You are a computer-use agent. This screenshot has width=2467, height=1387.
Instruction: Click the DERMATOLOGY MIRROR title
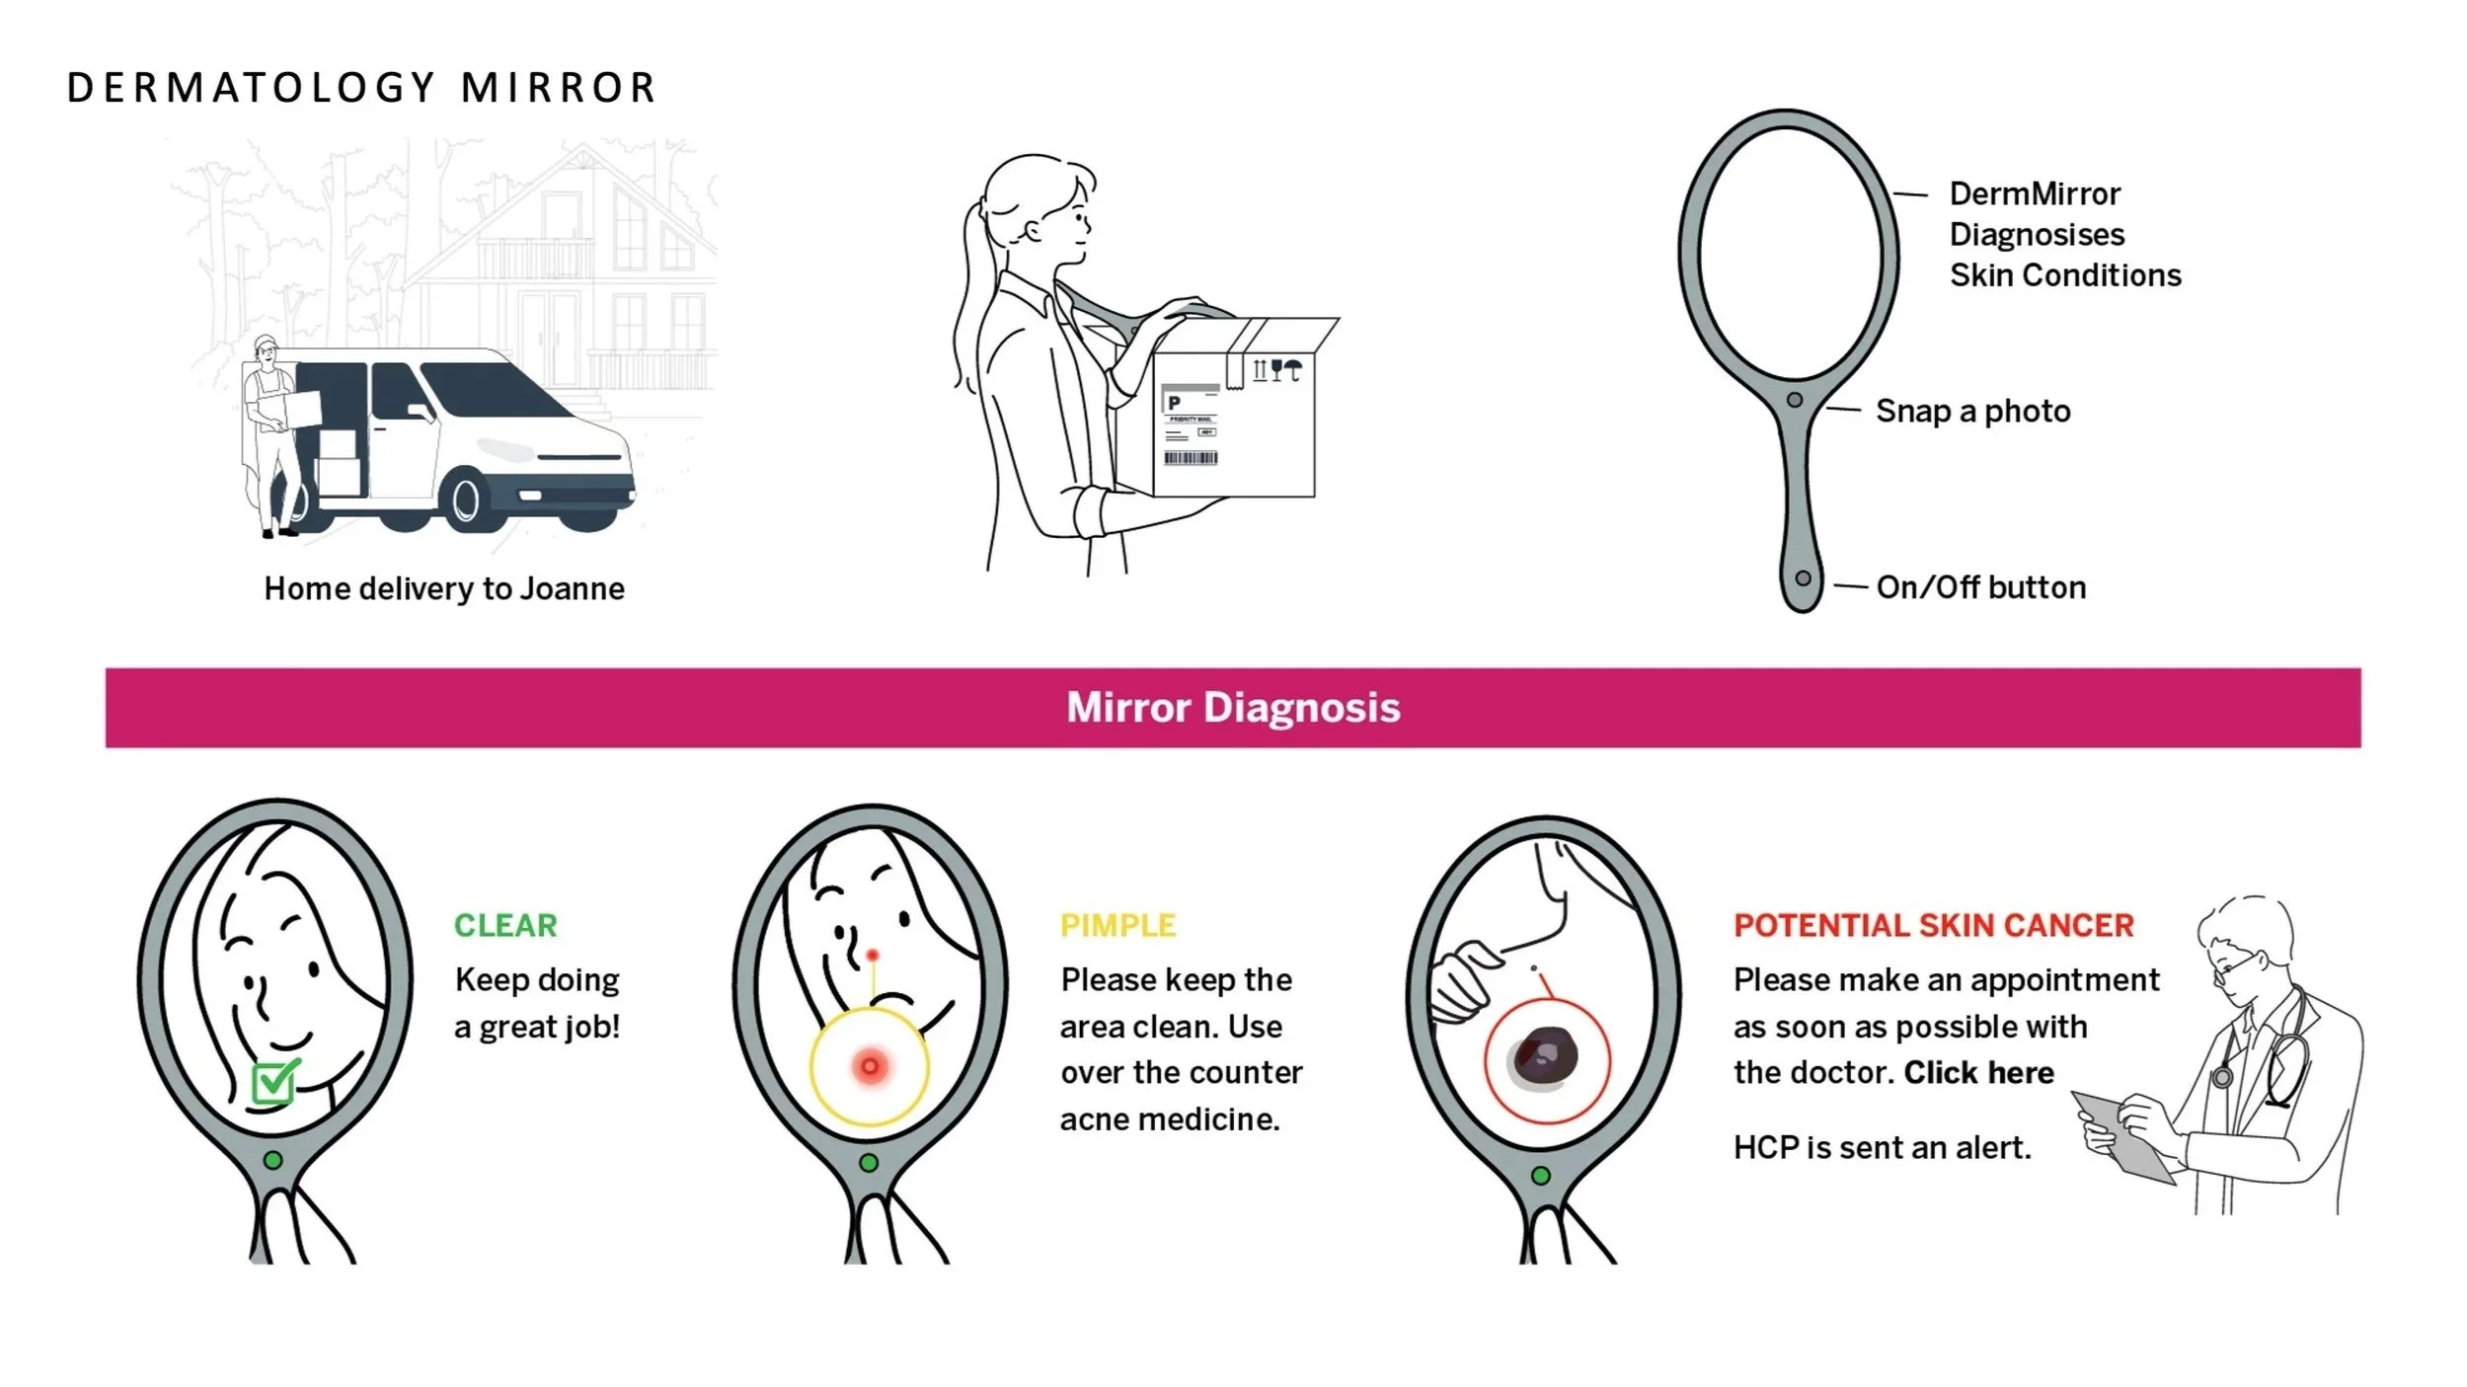(361, 88)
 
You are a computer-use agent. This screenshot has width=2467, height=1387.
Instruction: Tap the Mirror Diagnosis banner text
(1233, 707)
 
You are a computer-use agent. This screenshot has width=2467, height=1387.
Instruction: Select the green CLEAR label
(505, 925)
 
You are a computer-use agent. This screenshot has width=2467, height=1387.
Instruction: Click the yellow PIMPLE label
(1118, 925)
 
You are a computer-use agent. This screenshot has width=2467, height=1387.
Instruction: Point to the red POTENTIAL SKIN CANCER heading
(1934, 925)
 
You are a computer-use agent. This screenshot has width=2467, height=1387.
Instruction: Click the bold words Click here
(1978, 1072)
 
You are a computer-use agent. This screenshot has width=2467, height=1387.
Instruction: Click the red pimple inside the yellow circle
(870, 1066)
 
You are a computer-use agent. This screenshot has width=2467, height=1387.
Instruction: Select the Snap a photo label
(1972, 411)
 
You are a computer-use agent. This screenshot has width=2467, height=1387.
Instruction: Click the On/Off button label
(1980, 587)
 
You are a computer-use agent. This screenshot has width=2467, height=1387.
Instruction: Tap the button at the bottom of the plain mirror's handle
(1803, 578)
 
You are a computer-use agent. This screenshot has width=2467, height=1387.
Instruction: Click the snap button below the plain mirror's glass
(1795, 400)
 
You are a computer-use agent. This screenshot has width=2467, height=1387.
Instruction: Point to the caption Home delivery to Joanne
(444, 588)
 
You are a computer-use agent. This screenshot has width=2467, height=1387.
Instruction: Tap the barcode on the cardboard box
(1191, 458)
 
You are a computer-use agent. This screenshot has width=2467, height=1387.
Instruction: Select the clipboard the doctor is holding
(2122, 1135)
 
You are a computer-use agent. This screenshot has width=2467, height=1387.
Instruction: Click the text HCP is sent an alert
(1882, 1147)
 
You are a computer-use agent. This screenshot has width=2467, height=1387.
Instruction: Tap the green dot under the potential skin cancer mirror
(1540, 1176)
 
